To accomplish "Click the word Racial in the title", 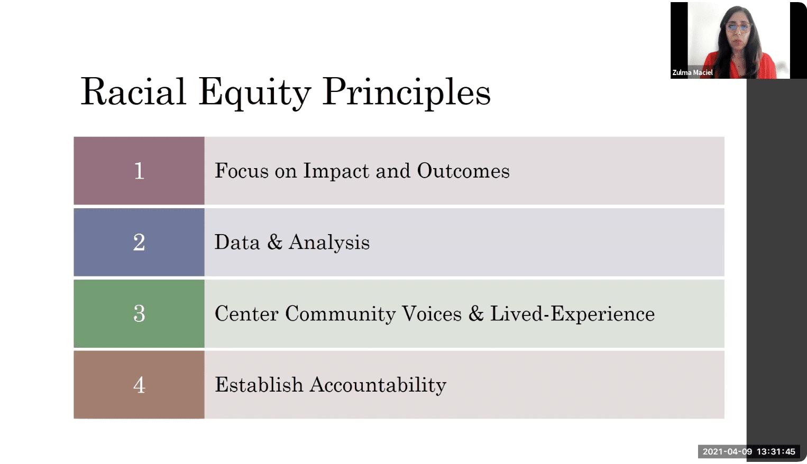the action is click(x=133, y=91).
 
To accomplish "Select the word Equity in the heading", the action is click(x=255, y=93).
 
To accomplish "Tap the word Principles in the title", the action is click(x=406, y=93).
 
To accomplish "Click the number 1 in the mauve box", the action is click(x=140, y=171).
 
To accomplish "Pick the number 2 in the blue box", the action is click(x=139, y=242).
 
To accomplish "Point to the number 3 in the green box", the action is click(x=139, y=313).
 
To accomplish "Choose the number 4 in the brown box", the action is click(x=139, y=385).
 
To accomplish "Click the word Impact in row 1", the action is click(x=336, y=171).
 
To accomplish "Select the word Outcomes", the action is click(x=463, y=171).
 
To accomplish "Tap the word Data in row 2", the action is click(x=237, y=242).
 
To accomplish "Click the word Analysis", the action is click(x=329, y=243).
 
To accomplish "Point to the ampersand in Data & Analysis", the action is click(x=274, y=242).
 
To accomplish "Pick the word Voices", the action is click(x=432, y=313).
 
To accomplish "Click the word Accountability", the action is click(x=378, y=386).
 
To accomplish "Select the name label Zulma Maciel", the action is click(x=692, y=73).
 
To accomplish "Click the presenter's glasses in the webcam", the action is click(x=738, y=27).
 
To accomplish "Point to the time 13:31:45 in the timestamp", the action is click(x=776, y=452).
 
